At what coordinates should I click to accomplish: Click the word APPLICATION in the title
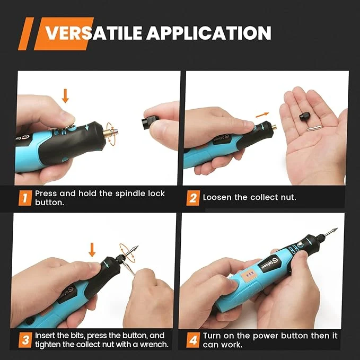(x=209, y=33)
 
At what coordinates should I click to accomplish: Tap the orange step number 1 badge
(x=25, y=198)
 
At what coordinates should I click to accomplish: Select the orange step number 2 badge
(x=193, y=198)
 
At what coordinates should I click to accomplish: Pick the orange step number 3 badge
(x=25, y=340)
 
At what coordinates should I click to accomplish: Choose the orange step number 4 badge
(x=193, y=340)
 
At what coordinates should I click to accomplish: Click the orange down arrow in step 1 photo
(x=65, y=96)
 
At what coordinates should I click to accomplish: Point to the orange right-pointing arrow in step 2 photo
(x=262, y=115)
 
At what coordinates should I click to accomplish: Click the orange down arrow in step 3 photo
(x=92, y=250)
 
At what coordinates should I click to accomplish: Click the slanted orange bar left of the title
(x=25, y=34)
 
